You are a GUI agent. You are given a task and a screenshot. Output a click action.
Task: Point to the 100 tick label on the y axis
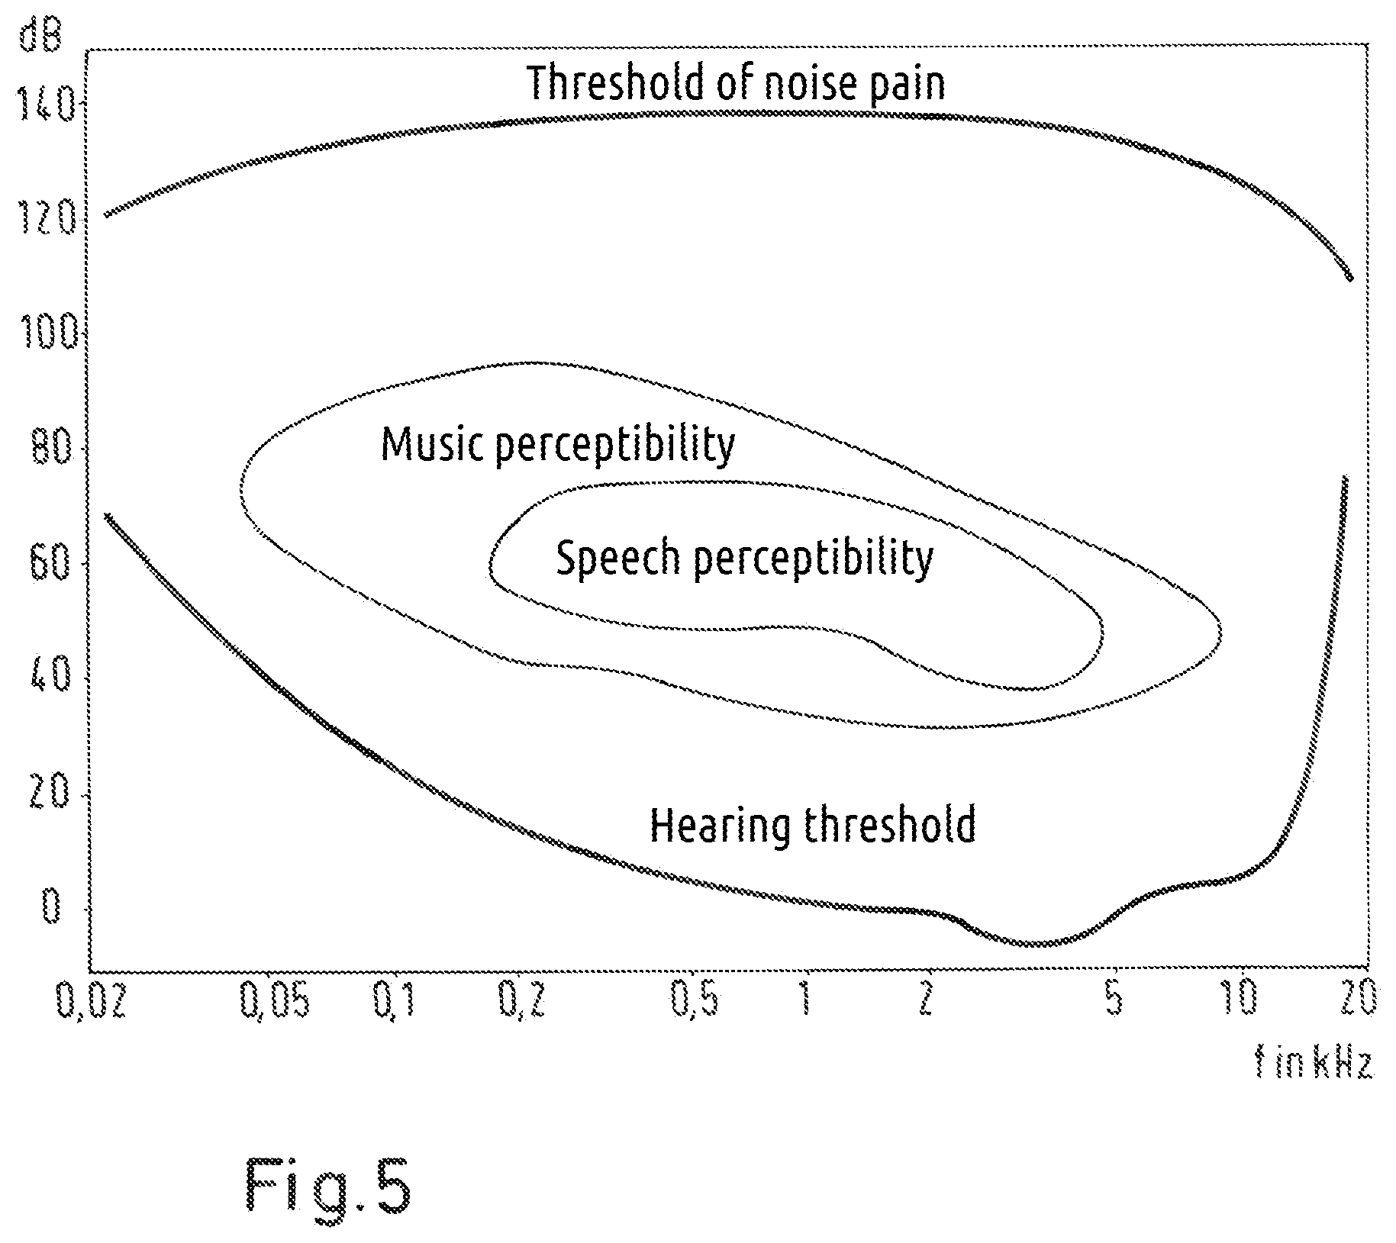pyautogui.click(x=47, y=332)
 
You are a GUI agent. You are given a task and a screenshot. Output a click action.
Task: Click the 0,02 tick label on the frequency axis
pyautogui.click(x=90, y=1000)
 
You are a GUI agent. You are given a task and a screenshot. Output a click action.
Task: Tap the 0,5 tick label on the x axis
pyautogui.click(x=695, y=1000)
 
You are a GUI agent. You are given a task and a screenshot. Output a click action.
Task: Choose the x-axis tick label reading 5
pyautogui.click(x=1116, y=999)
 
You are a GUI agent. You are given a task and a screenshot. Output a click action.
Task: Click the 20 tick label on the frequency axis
pyautogui.click(x=1356, y=999)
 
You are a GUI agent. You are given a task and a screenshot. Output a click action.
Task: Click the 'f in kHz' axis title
pyautogui.click(x=1314, y=1064)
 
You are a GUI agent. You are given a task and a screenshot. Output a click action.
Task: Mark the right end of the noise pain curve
pyautogui.click(x=1350, y=279)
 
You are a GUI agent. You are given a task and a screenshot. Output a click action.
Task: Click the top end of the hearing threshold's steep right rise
pyautogui.click(x=1345, y=477)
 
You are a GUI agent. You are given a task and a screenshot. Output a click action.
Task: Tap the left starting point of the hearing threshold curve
pyautogui.click(x=108, y=516)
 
